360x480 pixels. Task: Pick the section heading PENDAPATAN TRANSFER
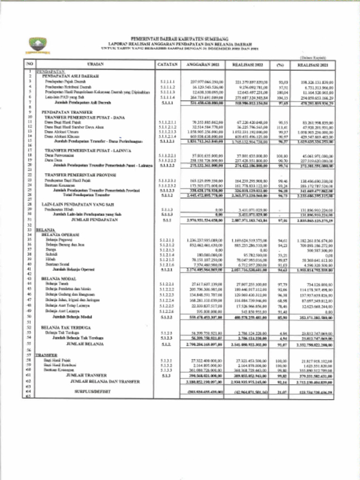61,112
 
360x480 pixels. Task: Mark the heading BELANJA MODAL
59,279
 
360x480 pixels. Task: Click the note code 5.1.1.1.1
167,81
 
